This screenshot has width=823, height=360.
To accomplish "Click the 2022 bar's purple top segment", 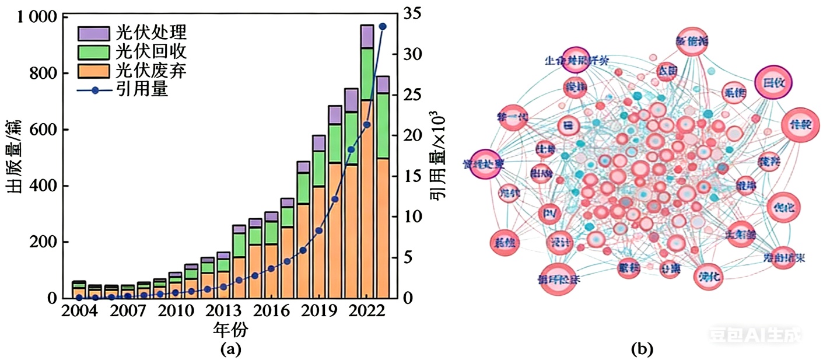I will (367, 36).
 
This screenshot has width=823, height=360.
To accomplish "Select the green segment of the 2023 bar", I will (383, 125).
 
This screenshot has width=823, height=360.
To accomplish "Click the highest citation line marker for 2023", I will (383, 26).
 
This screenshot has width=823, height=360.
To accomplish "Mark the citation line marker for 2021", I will (351, 149).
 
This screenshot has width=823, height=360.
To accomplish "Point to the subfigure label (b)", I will (642, 349).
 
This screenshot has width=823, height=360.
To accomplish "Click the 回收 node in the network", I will (774, 82).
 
